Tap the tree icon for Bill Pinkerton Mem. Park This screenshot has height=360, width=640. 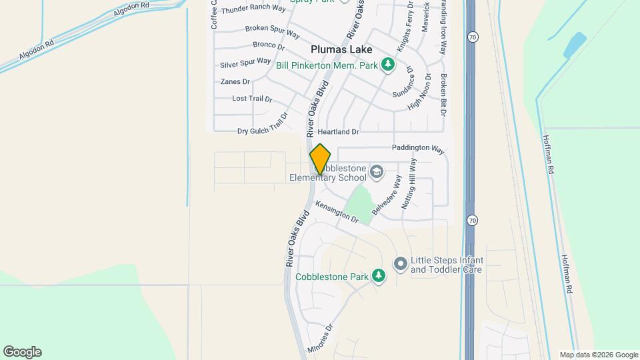[387, 65]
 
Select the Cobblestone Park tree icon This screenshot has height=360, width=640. [379, 276]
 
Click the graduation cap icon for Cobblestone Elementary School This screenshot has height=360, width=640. [376, 173]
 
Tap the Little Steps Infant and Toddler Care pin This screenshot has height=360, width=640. [400, 265]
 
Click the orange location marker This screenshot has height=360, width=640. [321, 159]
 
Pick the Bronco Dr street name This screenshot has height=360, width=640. [269, 45]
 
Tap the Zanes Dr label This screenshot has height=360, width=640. [235, 81]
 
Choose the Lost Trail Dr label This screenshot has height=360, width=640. [252, 99]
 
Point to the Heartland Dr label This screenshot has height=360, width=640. [338, 132]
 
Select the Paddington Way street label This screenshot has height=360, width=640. [418, 149]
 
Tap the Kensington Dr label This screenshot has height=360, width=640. [337, 212]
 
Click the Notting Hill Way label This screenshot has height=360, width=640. [408, 185]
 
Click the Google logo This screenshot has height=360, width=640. [22, 351]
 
